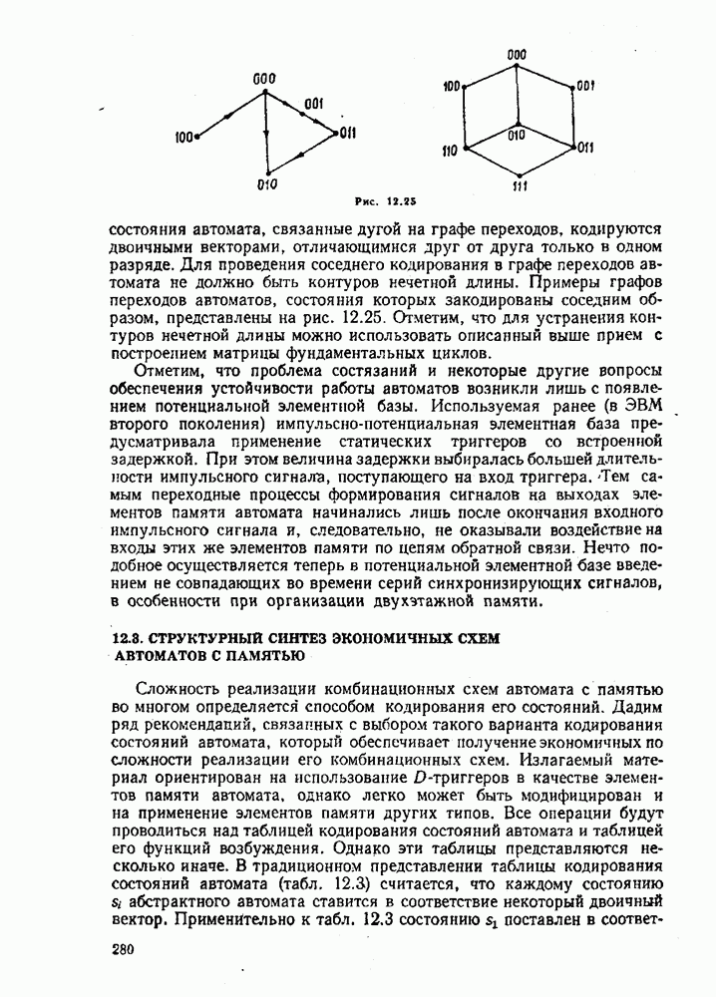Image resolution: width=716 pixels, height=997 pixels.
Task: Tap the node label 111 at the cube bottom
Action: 520,186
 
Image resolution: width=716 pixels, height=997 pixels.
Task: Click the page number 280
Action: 123,951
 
